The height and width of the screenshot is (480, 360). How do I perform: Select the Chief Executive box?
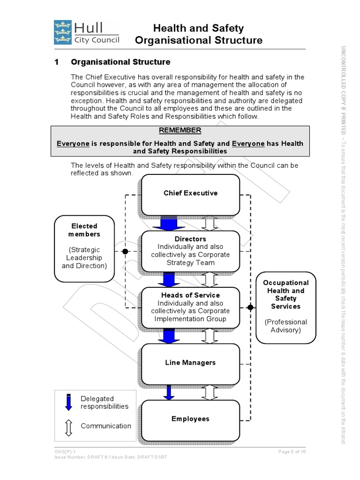pos(190,193)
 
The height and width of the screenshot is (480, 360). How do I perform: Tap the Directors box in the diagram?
pos(190,251)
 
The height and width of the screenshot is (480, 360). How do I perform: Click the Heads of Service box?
pos(190,307)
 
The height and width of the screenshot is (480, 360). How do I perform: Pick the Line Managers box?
pos(190,363)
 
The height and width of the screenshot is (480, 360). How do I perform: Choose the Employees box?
pos(190,419)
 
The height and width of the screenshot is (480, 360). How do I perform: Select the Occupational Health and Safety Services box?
pos(285,306)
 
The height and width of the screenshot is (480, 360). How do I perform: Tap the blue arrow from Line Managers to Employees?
pos(168,392)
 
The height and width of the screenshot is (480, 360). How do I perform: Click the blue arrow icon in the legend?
pos(69,402)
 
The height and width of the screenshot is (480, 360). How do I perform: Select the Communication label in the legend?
pos(106,426)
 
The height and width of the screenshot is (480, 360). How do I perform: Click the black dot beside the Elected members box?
pos(125,251)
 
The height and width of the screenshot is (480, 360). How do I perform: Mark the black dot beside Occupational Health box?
pos(250,307)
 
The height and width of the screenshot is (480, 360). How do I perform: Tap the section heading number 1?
pos(57,62)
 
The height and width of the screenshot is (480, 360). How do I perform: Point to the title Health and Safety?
pos(199,29)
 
